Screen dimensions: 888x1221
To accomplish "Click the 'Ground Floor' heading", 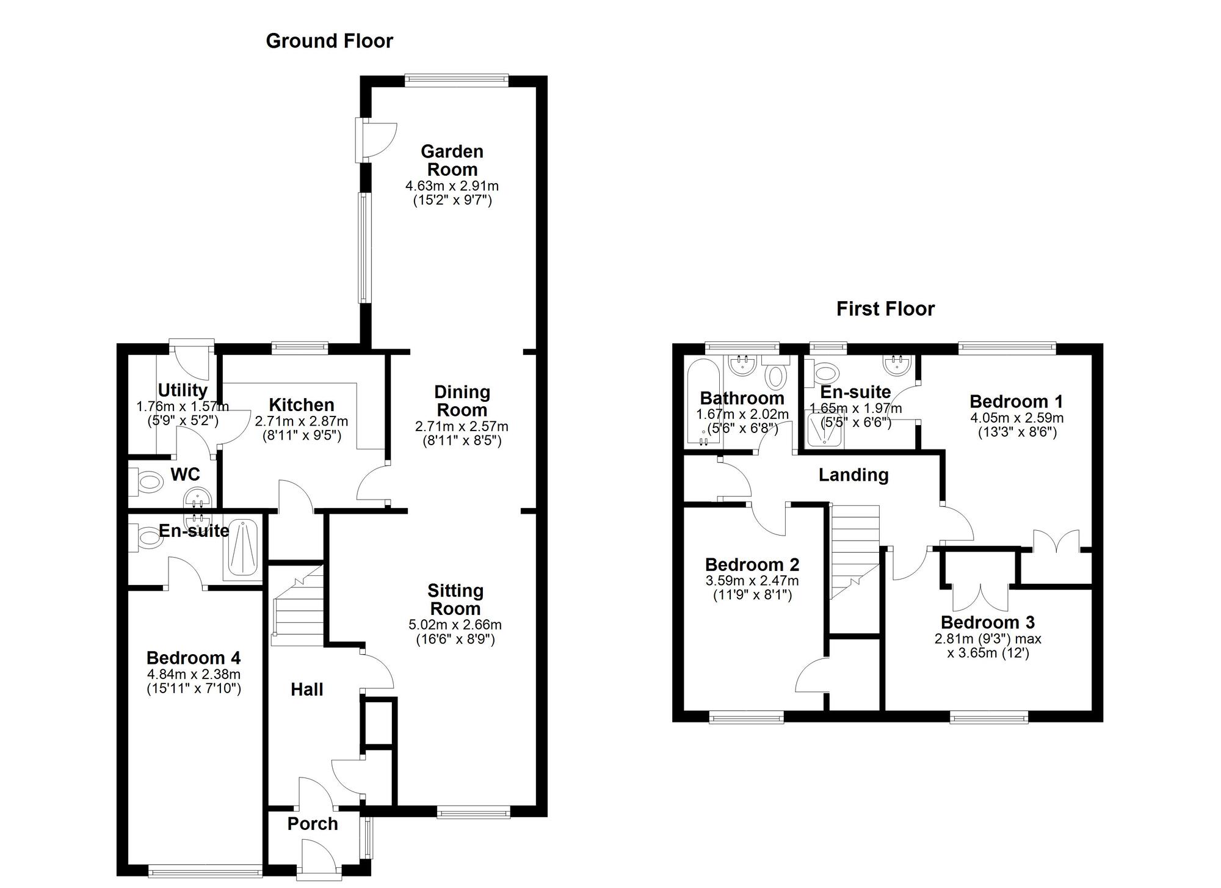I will pyautogui.click(x=329, y=41).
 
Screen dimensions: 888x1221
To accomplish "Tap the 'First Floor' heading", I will pyautogui.click(x=885, y=309).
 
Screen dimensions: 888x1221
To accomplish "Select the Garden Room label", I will pyautogui.click(x=452, y=160).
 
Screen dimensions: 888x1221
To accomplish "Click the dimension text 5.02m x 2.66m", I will pyautogui.click(x=455, y=625).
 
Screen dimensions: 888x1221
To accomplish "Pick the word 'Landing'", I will pyautogui.click(x=853, y=475).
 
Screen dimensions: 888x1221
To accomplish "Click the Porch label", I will pyautogui.click(x=313, y=824).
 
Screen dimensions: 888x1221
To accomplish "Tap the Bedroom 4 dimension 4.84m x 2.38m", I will pyautogui.click(x=194, y=674).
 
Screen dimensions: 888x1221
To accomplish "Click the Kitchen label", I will pyautogui.click(x=302, y=405).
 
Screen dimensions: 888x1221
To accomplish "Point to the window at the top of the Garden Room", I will pyautogui.click(x=456, y=79).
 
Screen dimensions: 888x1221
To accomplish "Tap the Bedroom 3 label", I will pyautogui.click(x=987, y=622).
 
